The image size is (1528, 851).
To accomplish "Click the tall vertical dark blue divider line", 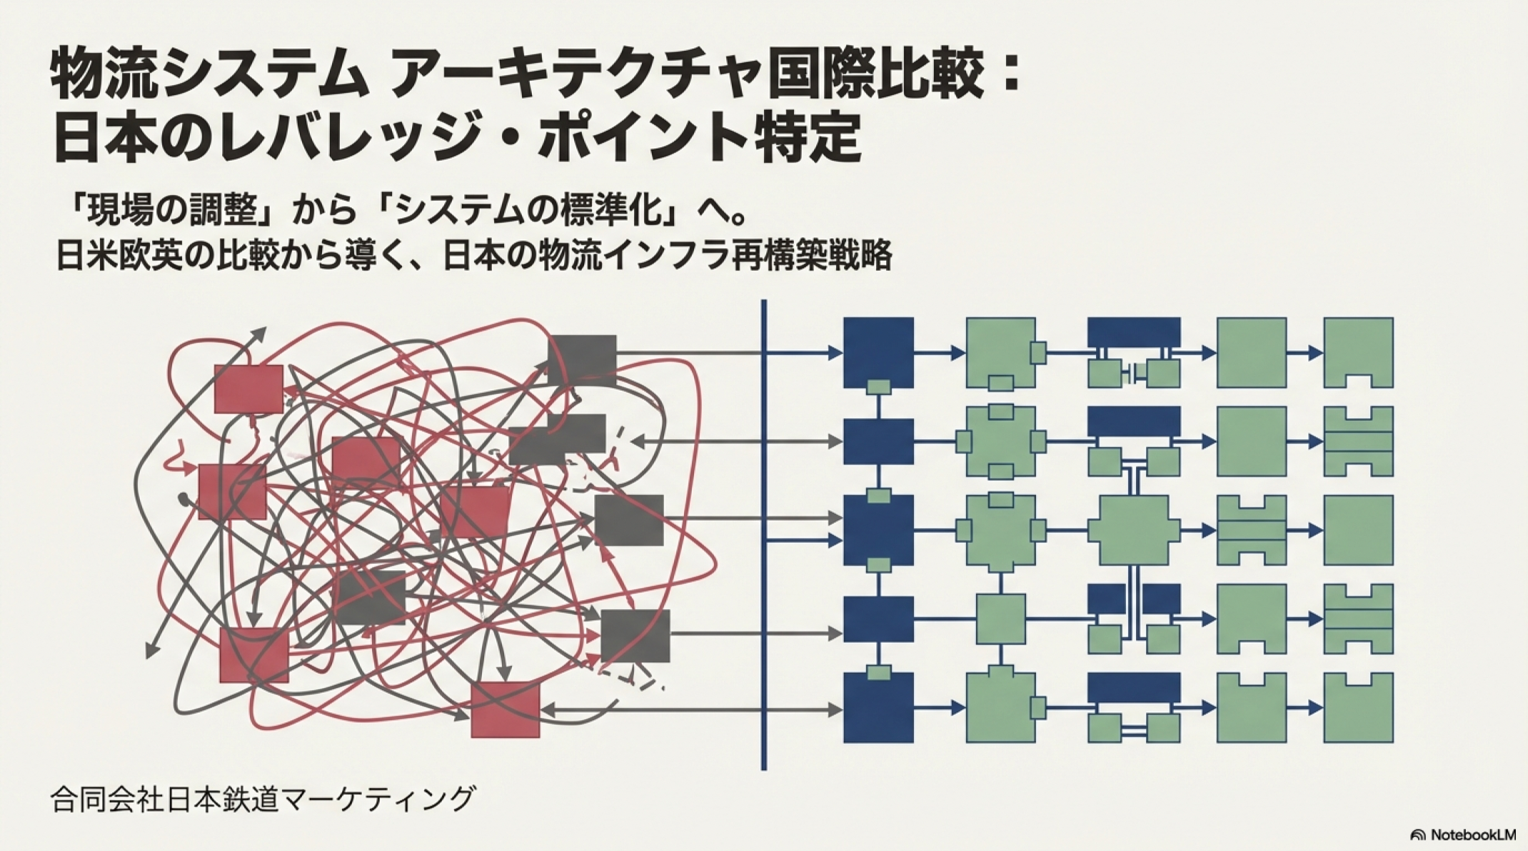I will point(764,535).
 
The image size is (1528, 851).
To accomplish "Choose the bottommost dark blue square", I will point(878,708).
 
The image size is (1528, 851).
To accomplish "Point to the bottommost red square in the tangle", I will point(505,710).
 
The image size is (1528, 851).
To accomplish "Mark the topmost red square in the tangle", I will point(248,389).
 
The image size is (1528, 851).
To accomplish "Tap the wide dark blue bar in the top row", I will point(1133,332).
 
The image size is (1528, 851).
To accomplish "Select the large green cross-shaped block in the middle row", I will point(1133,530).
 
